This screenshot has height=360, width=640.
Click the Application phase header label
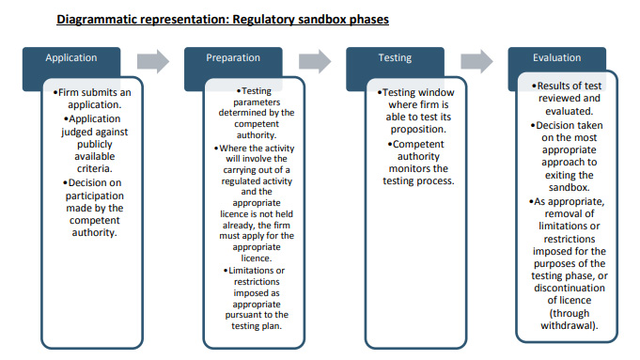pos(71,58)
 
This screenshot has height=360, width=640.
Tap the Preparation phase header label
pos(233,58)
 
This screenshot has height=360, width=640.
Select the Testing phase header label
pos(395,58)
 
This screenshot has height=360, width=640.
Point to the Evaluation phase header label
pos(556,58)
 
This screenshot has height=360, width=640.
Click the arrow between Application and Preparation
pos(153,62)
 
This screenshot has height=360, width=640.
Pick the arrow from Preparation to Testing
pos(315,62)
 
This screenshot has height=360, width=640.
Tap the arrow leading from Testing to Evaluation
pos(476,62)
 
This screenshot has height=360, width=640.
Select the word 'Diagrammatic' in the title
pos(98,20)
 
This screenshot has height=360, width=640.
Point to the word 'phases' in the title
pos(369,20)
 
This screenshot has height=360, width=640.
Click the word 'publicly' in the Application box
pos(95,145)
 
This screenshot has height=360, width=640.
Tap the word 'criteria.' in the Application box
pos(94,168)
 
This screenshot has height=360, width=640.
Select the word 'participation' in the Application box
pos(95,196)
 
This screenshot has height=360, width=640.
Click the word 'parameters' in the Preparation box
pos(257,102)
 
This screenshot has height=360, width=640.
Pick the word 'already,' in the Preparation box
pos(239,226)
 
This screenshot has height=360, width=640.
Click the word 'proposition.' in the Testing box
pos(418,130)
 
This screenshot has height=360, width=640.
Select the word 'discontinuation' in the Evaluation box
pos(570,288)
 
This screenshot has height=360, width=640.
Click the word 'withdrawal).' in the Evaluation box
pos(570,326)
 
